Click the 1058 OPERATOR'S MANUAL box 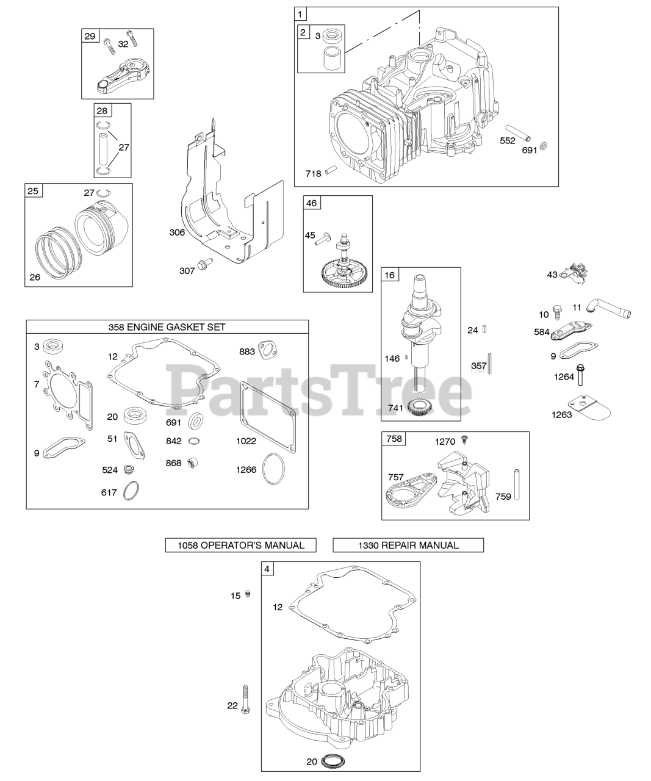pyautogui.click(x=241, y=545)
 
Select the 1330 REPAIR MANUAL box pyautogui.click(x=408, y=545)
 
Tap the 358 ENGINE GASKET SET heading pyautogui.click(x=167, y=327)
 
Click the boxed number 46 pyautogui.click(x=311, y=203)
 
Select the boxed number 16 pyautogui.click(x=389, y=275)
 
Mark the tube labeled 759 pyautogui.click(x=517, y=484)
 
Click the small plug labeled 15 pyautogui.click(x=248, y=594)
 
